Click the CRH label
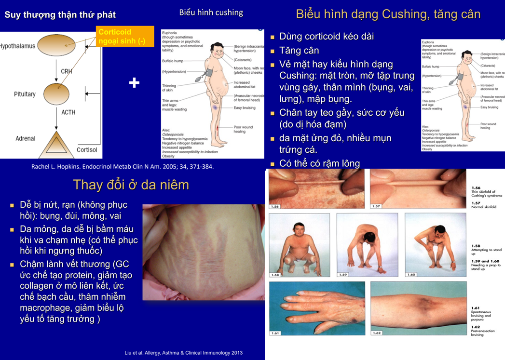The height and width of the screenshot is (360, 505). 66,71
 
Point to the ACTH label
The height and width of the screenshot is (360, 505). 68,113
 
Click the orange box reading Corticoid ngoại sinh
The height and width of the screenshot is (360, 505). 125,37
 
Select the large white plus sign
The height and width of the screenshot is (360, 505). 134,83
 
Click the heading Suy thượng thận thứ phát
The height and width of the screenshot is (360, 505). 60,14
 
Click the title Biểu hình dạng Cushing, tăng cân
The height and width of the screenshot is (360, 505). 388,14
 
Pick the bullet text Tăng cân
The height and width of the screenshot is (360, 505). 299,51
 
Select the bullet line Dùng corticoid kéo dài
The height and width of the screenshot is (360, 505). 327,37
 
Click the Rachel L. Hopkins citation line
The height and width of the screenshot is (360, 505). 123,167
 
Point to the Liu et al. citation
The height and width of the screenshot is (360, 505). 183,353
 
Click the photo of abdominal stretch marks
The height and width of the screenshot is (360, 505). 204,252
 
